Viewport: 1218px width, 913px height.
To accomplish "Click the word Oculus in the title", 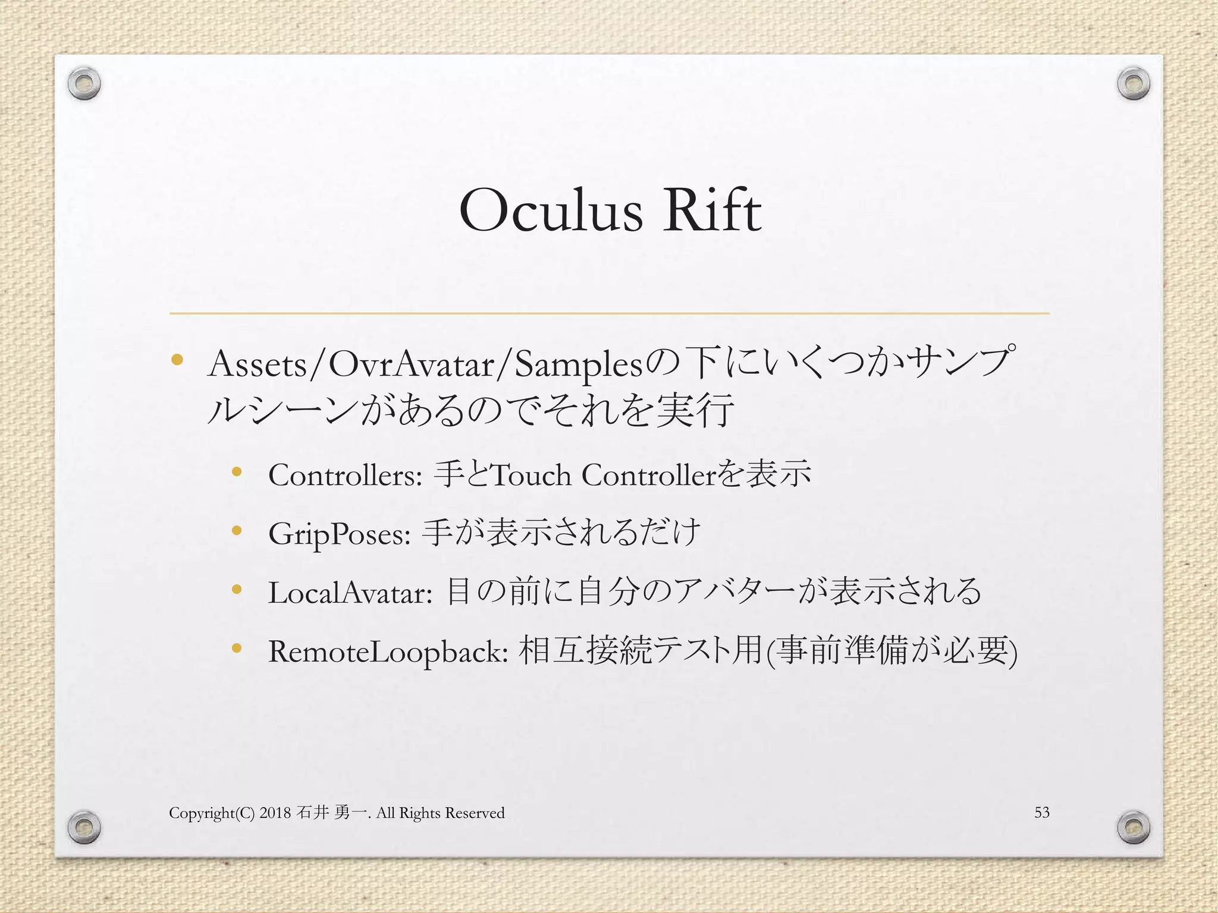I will (x=551, y=212).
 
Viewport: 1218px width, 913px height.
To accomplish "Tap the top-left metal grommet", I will (x=84, y=84).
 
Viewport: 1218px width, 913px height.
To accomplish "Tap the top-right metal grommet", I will (x=1133, y=84).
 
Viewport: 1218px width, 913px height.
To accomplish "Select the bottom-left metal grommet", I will (x=84, y=826).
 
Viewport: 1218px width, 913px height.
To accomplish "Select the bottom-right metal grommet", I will (x=1133, y=826).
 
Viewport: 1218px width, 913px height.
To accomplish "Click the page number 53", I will (x=1041, y=812).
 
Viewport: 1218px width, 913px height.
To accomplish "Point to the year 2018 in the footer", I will (x=275, y=813).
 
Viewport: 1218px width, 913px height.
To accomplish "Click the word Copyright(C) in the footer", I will (x=212, y=813).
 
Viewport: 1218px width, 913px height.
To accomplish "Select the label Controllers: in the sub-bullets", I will (x=346, y=476).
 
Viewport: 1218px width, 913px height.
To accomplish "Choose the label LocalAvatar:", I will (x=350, y=593).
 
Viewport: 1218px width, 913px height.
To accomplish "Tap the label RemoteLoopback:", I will (x=388, y=652).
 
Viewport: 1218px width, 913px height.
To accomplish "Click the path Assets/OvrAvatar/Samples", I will (x=426, y=364).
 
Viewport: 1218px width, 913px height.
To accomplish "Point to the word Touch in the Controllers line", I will (x=532, y=476).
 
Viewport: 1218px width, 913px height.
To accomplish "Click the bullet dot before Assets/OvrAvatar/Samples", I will (x=177, y=360).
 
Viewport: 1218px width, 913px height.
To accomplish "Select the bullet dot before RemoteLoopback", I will (x=237, y=648).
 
